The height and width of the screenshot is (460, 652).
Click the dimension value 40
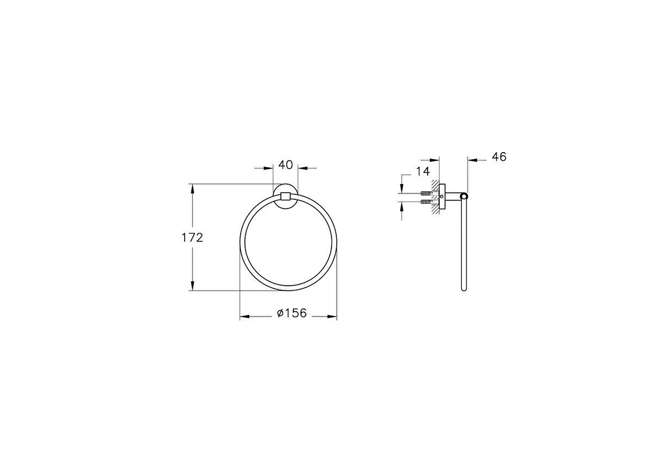(286, 165)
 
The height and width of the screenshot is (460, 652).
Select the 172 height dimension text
(192, 237)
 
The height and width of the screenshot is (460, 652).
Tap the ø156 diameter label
(292, 313)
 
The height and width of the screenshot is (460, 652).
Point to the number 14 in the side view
(423, 172)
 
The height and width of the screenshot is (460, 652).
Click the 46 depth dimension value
(499, 157)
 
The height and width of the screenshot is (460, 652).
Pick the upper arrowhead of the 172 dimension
(192, 188)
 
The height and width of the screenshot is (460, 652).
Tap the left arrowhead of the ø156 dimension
(244, 317)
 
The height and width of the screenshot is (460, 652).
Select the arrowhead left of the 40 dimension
(269, 168)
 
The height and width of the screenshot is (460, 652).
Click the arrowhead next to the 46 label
(471, 160)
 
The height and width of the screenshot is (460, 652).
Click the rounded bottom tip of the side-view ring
(463, 289)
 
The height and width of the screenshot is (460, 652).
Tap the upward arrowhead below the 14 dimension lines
(402, 206)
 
